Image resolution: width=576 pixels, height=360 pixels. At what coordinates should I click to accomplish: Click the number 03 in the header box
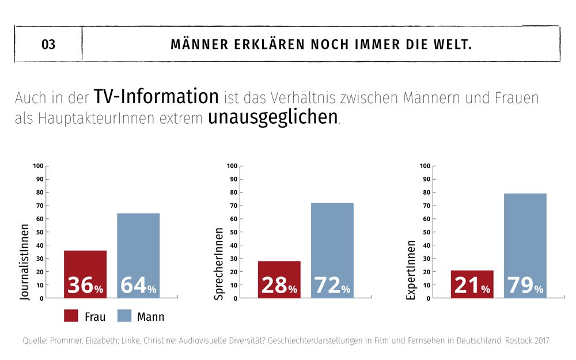[48, 44]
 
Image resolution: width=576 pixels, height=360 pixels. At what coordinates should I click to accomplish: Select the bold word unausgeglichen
[272, 117]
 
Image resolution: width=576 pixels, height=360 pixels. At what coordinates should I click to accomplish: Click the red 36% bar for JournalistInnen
[85, 274]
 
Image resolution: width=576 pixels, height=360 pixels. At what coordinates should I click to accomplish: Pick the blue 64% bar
[138, 256]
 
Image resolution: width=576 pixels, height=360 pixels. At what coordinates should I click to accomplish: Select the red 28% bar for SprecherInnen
[279, 279]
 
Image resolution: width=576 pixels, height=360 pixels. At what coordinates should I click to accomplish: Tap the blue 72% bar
[332, 251]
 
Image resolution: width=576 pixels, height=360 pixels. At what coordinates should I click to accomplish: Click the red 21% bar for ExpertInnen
[472, 284]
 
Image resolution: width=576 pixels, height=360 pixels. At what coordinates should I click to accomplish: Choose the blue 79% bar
[525, 246]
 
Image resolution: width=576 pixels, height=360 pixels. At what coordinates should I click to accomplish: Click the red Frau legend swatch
[70, 316]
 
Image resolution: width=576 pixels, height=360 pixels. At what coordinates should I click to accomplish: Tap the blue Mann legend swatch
[125, 316]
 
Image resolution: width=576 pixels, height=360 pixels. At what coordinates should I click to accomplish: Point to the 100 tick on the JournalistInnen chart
[38, 166]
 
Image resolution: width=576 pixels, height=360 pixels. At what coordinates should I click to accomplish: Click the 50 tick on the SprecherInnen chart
[234, 232]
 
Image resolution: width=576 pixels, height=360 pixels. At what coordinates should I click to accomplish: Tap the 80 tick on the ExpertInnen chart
[427, 192]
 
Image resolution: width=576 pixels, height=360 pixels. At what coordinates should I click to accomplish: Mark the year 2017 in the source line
[540, 340]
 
